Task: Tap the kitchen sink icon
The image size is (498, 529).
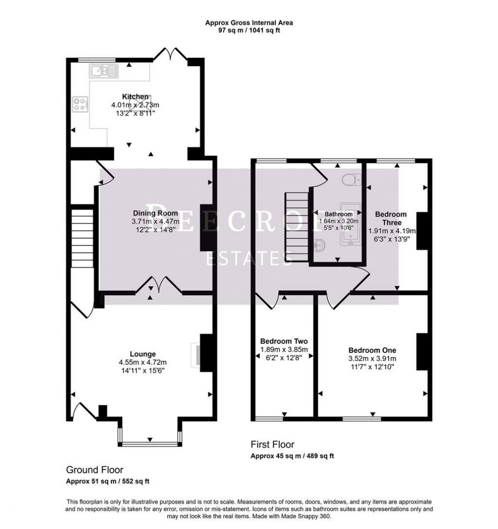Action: (x=103, y=72)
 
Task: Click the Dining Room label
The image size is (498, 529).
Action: (x=155, y=213)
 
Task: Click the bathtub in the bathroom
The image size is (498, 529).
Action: (x=350, y=223)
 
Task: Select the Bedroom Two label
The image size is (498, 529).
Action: (x=284, y=341)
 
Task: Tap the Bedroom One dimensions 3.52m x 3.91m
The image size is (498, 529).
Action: (x=372, y=358)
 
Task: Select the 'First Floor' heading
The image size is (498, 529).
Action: (x=272, y=444)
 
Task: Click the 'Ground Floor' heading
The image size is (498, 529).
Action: (x=94, y=470)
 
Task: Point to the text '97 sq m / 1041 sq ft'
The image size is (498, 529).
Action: (x=249, y=30)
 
